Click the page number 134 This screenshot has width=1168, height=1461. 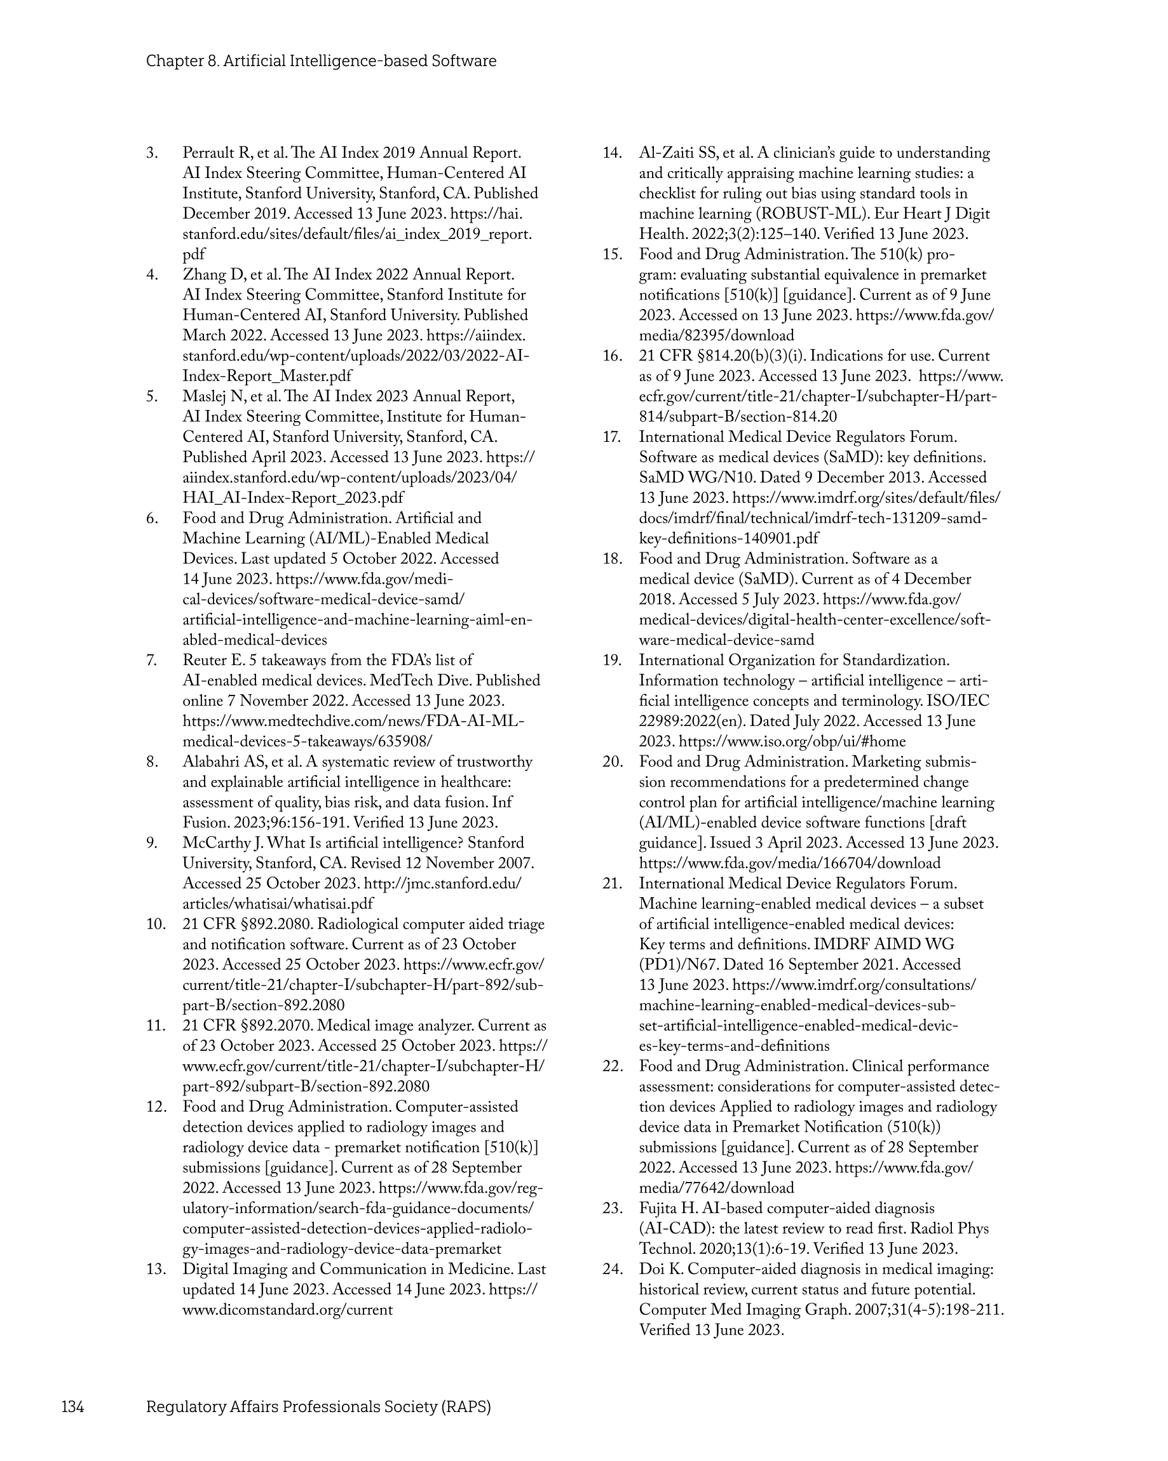point(72,1407)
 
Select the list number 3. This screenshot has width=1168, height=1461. point(152,153)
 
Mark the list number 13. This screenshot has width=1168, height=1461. point(155,1269)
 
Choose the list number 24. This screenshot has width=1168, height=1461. point(612,1269)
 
